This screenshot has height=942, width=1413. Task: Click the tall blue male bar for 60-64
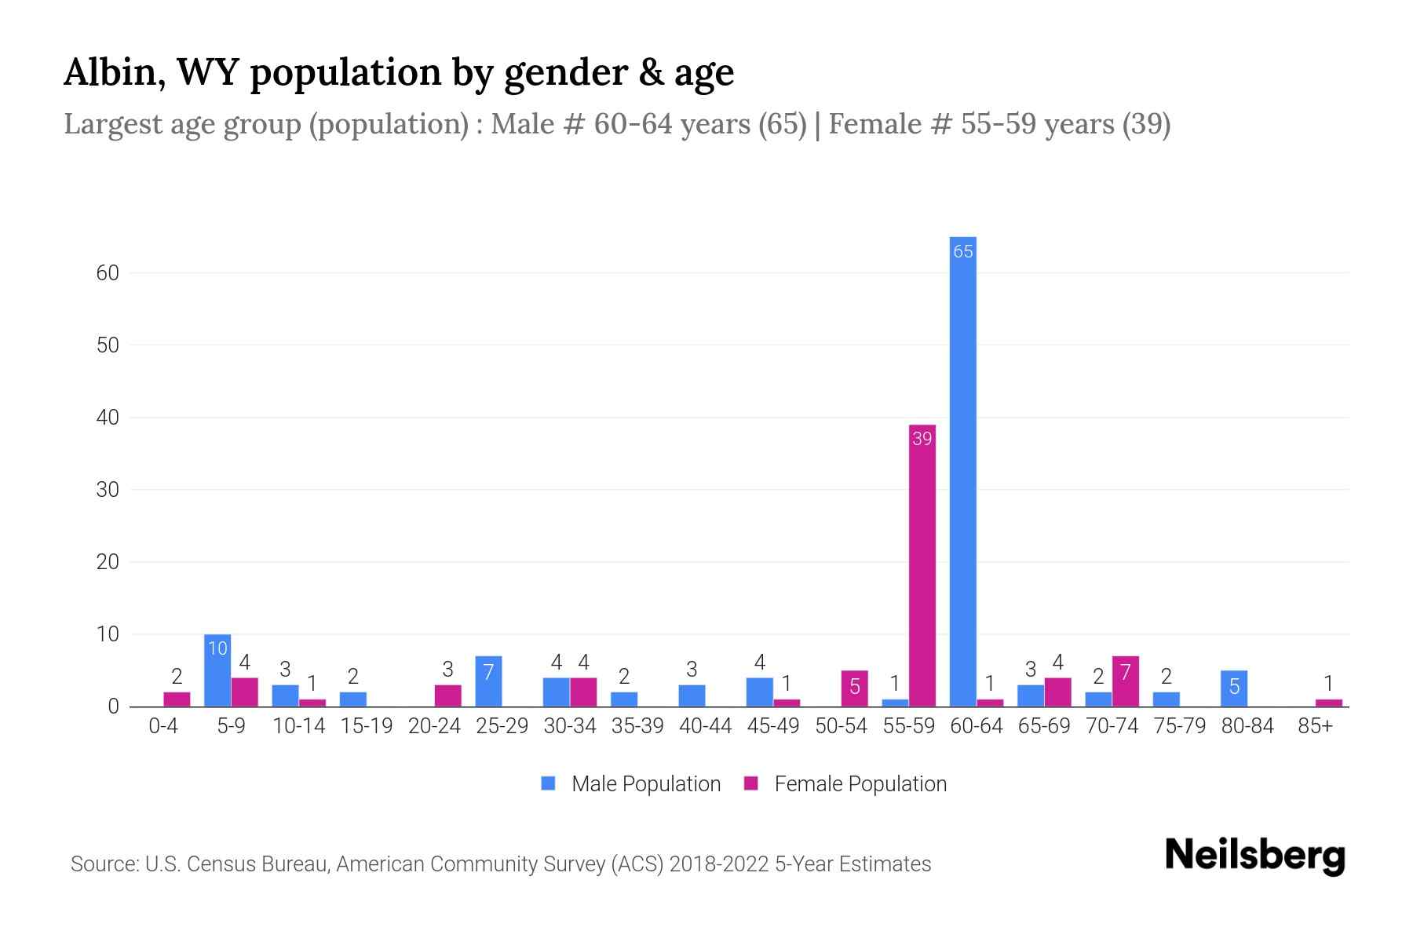click(x=962, y=471)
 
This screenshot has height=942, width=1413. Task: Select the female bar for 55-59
click(x=922, y=565)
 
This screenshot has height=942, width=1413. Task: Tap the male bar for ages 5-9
click(x=217, y=671)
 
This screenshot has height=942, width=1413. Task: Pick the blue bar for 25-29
click(x=488, y=681)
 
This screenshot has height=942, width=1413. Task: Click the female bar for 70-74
click(x=1125, y=681)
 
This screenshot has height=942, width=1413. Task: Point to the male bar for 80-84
click(x=1234, y=688)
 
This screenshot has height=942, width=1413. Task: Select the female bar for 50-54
click(x=855, y=688)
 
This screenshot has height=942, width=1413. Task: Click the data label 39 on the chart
click(x=922, y=439)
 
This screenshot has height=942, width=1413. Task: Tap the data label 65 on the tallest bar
click(x=962, y=251)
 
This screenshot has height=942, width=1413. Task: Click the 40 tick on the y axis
click(x=108, y=418)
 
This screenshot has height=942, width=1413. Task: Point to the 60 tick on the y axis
click(x=108, y=273)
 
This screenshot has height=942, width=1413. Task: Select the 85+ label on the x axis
click(x=1315, y=726)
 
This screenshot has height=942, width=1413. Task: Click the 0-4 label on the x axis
click(x=163, y=726)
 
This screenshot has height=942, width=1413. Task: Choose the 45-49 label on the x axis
click(x=773, y=726)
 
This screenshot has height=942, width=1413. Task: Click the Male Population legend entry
click(x=645, y=784)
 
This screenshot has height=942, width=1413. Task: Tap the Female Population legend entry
click(x=860, y=784)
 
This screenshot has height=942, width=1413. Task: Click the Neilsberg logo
click(x=1254, y=856)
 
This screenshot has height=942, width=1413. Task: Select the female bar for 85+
click(x=1328, y=703)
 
